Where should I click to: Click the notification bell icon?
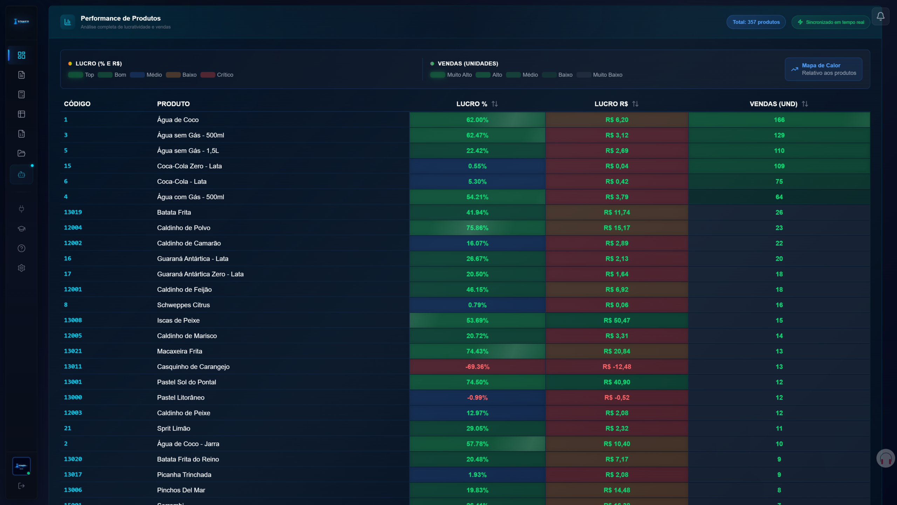tap(880, 16)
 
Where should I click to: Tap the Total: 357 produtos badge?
tap(756, 22)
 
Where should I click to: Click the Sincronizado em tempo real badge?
tap(831, 22)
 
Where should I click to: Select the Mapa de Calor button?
tap(823, 69)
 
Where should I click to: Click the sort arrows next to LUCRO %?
tap(494, 104)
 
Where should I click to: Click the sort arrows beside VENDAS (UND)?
tap(805, 104)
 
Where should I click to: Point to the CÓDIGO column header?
tap(77, 104)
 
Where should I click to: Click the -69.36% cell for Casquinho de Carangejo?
tap(477, 366)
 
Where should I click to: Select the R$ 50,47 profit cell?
tap(617, 320)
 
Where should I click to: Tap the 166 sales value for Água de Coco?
tap(779, 120)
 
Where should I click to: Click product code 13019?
tap(73, 212)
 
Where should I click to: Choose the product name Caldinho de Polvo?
tap(184, 228)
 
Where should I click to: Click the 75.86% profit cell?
tap(477, 228)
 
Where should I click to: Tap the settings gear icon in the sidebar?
tap(21, 268)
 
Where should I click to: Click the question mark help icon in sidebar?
tap(21, 248)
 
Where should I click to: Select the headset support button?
tap(885, 458)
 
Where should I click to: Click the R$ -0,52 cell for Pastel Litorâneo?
tap(617, 397)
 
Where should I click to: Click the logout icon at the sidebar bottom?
tap(21, 486)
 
